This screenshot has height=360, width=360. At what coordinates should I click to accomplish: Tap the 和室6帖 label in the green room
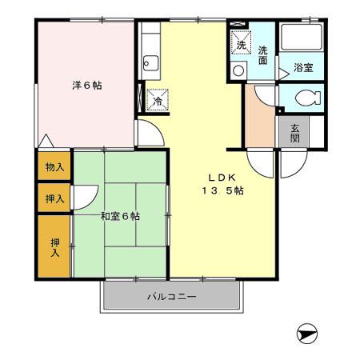[x=120, y=216]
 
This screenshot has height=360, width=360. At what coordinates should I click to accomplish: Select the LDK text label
[x=222, y=177]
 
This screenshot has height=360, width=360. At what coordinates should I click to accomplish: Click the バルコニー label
[x=170, y=297]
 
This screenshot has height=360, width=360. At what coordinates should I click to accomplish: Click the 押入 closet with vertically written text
[x=54, y=247]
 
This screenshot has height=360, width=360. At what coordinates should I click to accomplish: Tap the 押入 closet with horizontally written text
[x=54, y=198]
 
